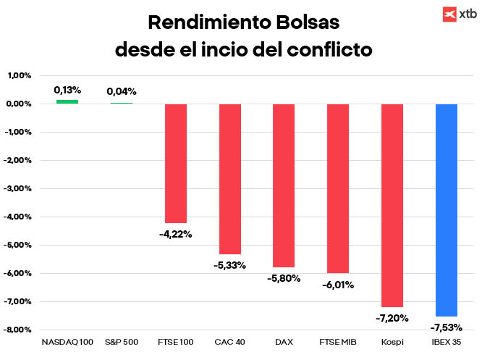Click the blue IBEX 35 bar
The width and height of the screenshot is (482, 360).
point(446,210)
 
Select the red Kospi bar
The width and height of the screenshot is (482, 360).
point(392,205)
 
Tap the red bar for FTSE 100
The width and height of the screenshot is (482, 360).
point(176,163)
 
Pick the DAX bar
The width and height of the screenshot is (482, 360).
point(284,185)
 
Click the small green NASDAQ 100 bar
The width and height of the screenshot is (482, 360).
point(67,101)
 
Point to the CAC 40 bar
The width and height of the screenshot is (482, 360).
point(230,179)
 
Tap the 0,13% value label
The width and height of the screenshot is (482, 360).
point(67,91)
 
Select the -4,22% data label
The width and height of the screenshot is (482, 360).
point(176,233)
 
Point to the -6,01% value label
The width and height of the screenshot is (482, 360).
point(338,285)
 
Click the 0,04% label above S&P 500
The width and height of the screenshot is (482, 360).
point(122,92)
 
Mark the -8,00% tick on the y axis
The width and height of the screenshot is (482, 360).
point(19,330)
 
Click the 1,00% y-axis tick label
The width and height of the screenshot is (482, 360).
point(20,75)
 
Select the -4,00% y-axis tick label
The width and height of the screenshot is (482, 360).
point(19,217)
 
